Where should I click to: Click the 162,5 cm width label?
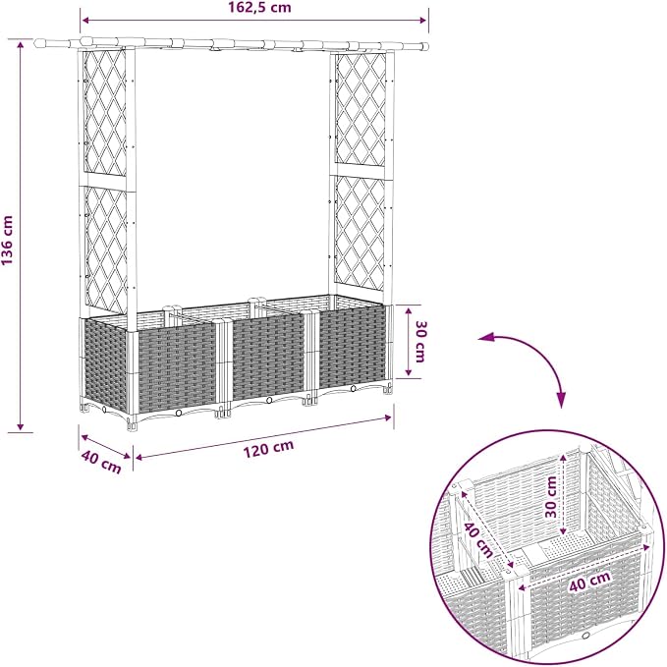[x=259, y=8]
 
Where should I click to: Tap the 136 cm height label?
[x=8, y=241]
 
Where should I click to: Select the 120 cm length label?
[x=268, y=448]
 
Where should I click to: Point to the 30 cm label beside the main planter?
[x=419, y=341]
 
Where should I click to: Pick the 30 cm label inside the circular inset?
[x=551, y=497]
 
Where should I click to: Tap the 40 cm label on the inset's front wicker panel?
[x=590, y=582]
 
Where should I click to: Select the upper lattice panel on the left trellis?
[x=105, y=113]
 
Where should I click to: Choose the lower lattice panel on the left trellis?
[x=106, y=250]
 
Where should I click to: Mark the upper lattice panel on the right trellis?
[x=361, y=110]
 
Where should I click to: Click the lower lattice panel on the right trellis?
[x=360, y=233]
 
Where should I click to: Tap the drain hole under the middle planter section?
[x=269, y=400]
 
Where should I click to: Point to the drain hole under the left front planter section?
[x=179, y=413]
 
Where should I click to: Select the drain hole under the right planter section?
[x=353, y=388]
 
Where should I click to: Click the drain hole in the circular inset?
[x=586, y=636]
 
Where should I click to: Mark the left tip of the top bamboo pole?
[x=35, y=43]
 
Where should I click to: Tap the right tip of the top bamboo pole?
[x=426, y=46]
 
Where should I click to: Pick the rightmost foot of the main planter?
[x=387, y=389]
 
